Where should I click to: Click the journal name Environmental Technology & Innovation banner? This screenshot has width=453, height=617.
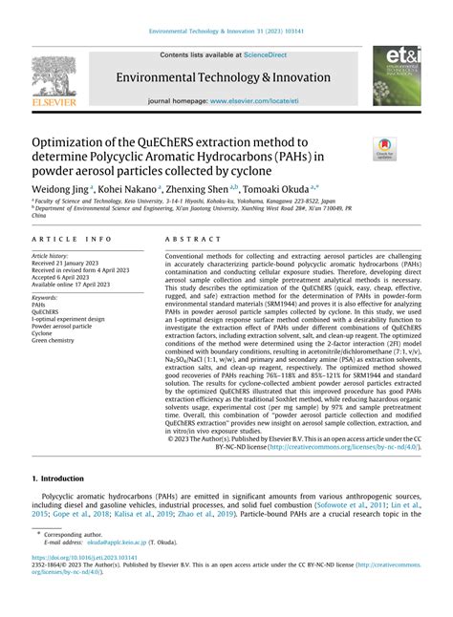pos(226,75)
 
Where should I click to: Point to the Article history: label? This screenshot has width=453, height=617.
pos(53,256)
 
